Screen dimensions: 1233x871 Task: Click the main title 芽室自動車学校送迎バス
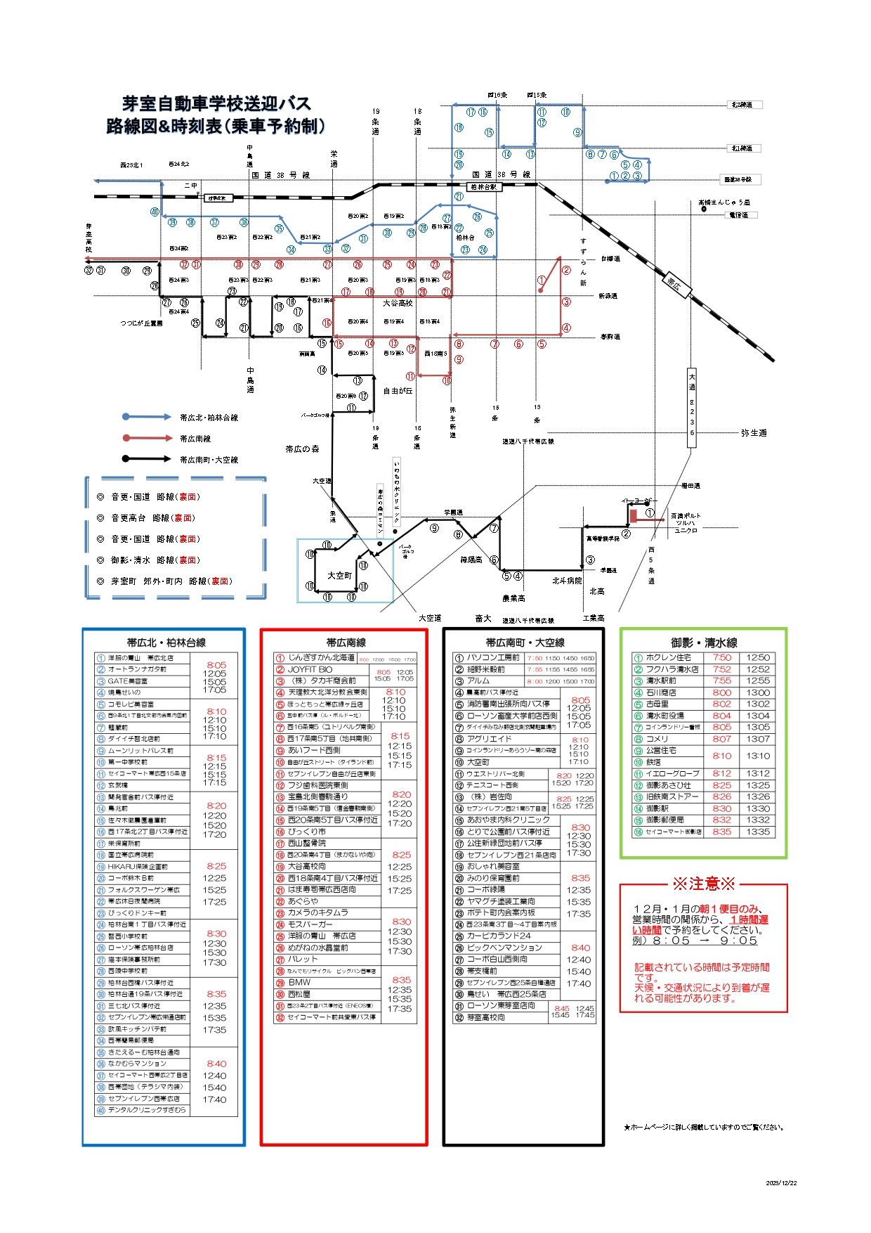pos(216,104)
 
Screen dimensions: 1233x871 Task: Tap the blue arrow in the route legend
pos(147,417)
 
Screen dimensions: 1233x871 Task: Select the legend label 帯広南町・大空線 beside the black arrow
pos(209,460)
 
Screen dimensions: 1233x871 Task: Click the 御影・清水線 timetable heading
pos(703,643)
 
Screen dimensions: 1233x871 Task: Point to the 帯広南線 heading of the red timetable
pos(346,643)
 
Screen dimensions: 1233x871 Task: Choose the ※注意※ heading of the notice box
pos(703,884)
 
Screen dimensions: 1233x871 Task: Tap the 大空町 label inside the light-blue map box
pos(340,576)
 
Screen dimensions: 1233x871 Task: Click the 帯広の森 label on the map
pos(302,448)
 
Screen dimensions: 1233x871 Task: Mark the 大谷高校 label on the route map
pos(398,304)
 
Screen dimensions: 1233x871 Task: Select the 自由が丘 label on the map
pos(398,391)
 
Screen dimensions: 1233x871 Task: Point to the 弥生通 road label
pos(753,433)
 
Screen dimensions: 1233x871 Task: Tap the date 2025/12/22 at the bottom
pos(781,1183)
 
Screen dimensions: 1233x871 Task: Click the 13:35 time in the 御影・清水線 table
pos(758,832)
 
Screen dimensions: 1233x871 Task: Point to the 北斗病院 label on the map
pos(566,581)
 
